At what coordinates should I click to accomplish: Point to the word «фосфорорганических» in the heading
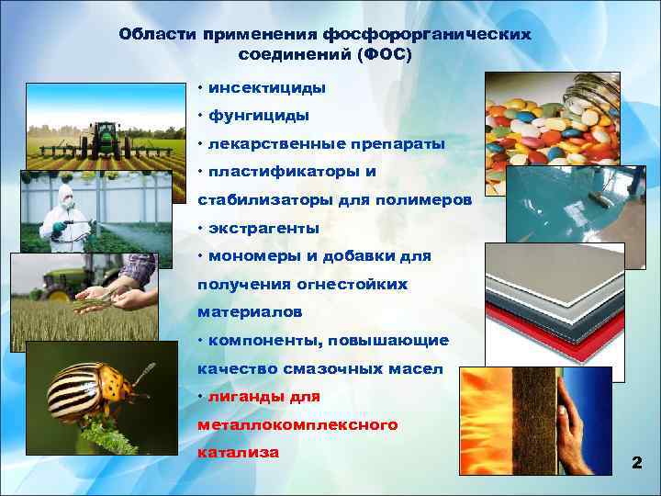click(x=427, y=34)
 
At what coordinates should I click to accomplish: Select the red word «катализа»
click(x=239, y=454)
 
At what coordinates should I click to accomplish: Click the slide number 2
click(x=636, y=464)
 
